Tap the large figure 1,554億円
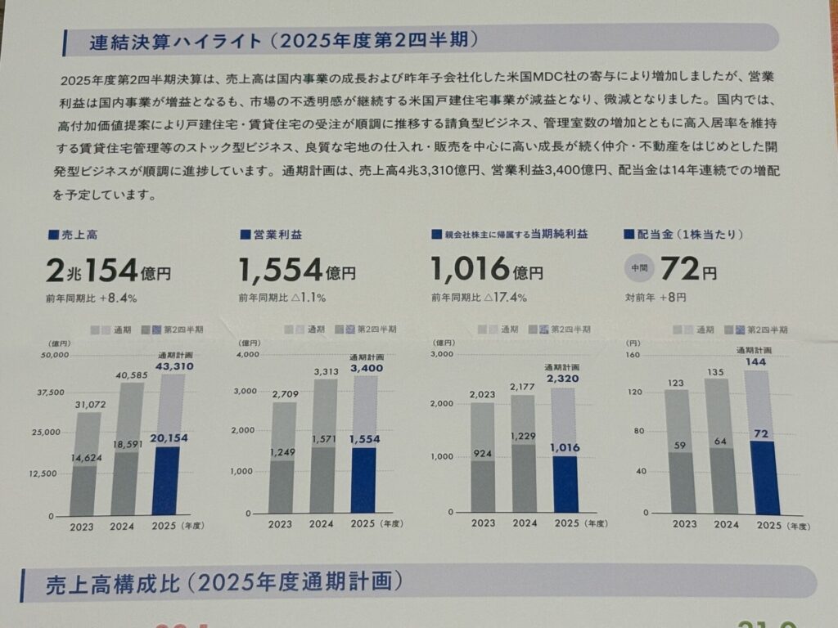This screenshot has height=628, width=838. [296, 269]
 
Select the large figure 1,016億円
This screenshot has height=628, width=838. [487, 269]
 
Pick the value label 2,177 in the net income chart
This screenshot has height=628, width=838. [523, 385]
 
